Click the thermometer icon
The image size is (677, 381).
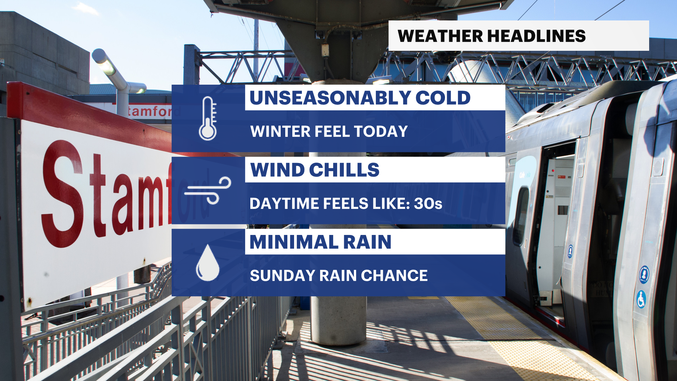pyautogui.click(x=208, y=119)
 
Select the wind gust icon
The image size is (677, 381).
pyautogui.click(x=208, y=190)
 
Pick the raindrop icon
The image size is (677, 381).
pyautogui.click(x=208, y=263)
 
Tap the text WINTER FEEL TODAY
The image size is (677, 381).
pyautogui.click(x=329, y=132)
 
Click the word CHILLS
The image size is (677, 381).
pyautogui.click(x=344, y=170)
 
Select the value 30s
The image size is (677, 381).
pyautogui.click(x=428, y=204)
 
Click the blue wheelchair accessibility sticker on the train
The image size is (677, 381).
pyautogui.click(x=641, y=299)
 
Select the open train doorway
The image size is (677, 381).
pyautogui.click(x=557, y=226)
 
